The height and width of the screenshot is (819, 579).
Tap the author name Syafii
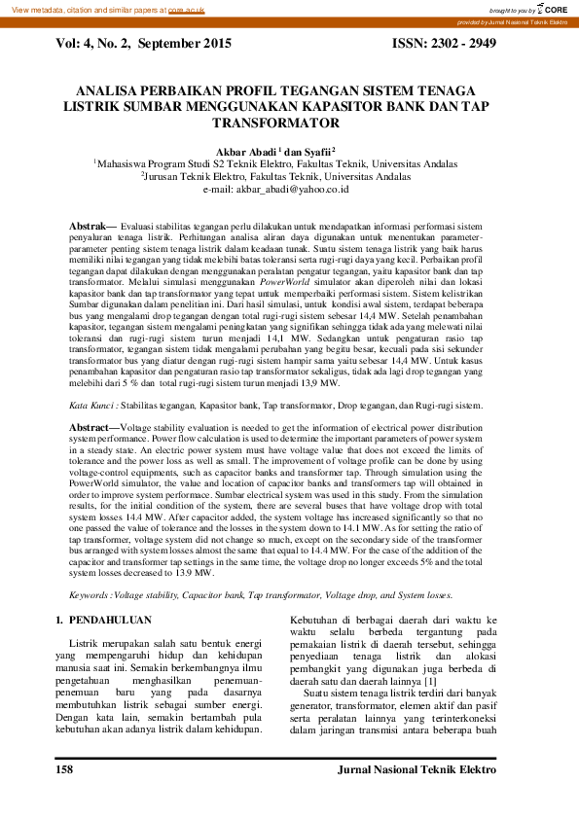[314, 152]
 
